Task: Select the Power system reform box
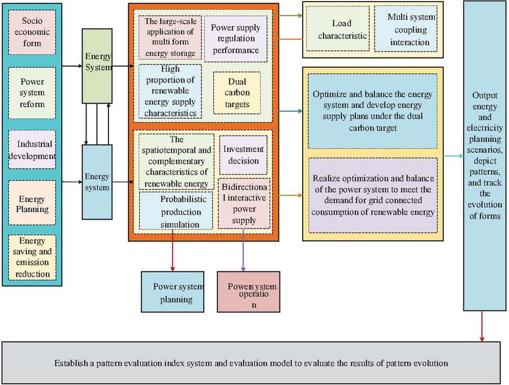tap(32, 93)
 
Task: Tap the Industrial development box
tap(32, 149)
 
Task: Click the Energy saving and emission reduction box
tap(32, 257)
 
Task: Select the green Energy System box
tap(97, 66)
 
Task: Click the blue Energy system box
tap(97, 181)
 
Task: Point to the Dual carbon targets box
tap(236, 92)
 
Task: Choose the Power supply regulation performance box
tap(235, 39)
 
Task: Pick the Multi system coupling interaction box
tap(405, 30)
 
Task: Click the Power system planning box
tap(173, 291)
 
